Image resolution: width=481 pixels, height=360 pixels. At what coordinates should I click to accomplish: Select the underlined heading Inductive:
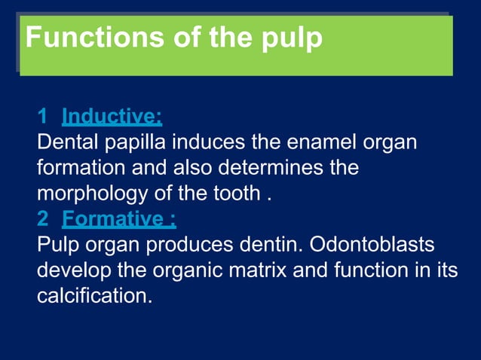point(112,117)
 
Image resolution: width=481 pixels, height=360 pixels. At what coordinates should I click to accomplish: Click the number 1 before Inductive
point(43,117)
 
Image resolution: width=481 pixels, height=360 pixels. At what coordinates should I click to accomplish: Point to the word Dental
point(66,142)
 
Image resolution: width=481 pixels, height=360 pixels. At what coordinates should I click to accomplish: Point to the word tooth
point(233,194)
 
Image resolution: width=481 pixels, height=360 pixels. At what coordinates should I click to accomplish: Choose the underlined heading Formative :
point(119,219)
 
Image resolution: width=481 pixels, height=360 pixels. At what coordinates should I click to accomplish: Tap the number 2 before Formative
point(43,219)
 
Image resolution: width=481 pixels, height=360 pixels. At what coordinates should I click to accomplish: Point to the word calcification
point(93,296)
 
